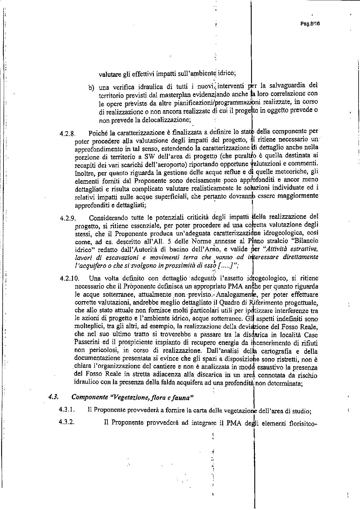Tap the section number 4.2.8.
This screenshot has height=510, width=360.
click(x=68, y=134)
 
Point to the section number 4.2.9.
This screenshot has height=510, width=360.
click(x=68, y=218)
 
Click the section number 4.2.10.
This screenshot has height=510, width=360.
click(x=69, y=278)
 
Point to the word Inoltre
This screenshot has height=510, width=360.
click(x=84, y=171)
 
